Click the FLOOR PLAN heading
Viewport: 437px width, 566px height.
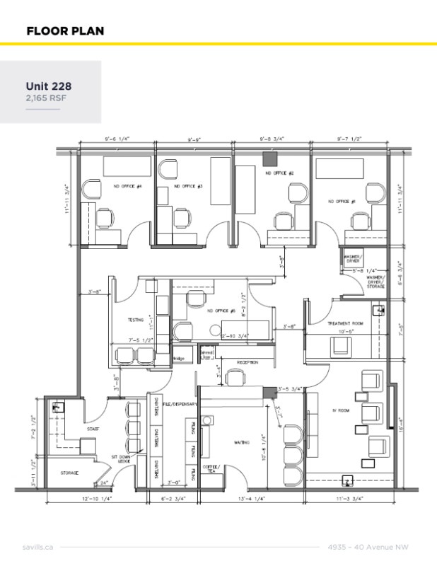coord(65,30)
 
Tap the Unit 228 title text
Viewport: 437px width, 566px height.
coord(49,86)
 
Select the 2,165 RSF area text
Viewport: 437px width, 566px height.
coord(46,98)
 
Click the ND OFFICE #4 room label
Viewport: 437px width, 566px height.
coord(128,187)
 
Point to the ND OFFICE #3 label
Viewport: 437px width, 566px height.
coord(189,187)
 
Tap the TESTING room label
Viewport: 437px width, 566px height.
coord(135,320)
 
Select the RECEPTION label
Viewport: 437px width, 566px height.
coord(247,362)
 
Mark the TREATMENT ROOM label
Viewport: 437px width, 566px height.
coord(344,323)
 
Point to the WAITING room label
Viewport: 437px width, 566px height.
coord(242,443)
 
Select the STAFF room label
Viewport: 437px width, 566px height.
coord(93,429)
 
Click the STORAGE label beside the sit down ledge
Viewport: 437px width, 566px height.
coord(69,473)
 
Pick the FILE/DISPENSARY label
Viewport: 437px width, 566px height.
coord(179,403)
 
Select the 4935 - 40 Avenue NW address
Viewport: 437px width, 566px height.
coord(368,547)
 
